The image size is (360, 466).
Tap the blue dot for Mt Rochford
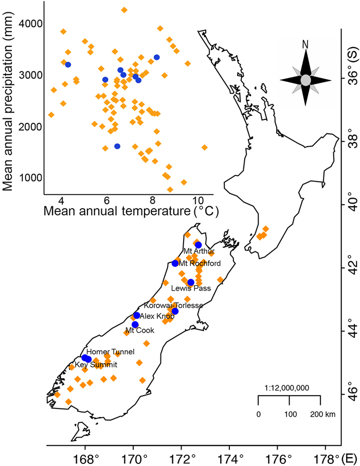(175, 263)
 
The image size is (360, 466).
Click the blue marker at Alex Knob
(137, 315)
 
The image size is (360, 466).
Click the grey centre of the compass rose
(305, 80)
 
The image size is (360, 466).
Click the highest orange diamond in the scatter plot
(124, 10)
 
